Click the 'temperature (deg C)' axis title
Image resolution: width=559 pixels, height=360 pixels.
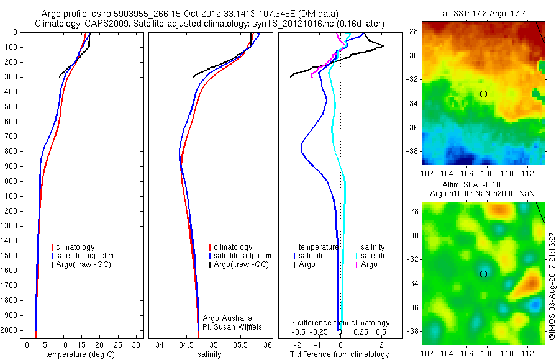79,354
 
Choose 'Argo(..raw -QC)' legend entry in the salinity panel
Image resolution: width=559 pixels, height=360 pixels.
240,264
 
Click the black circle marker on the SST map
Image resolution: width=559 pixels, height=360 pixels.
483,94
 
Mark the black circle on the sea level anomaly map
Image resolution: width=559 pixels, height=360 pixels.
483,274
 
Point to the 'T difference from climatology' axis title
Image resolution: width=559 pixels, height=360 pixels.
340,354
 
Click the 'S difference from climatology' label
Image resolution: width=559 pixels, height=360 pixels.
340,323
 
